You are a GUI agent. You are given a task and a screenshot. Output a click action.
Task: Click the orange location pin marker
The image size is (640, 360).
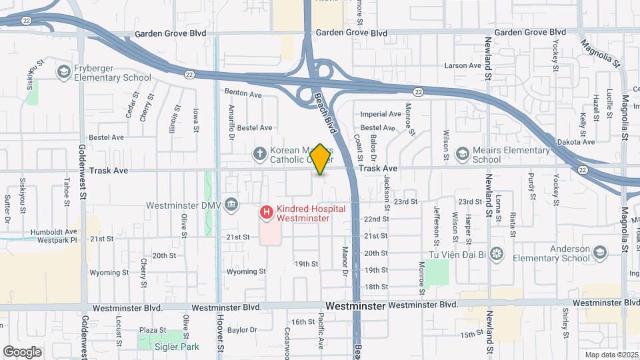pos(321,159)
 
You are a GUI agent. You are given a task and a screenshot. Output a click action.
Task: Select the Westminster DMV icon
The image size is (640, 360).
pos(231,203)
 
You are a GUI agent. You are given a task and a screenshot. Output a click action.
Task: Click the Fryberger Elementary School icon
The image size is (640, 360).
pos(64,72)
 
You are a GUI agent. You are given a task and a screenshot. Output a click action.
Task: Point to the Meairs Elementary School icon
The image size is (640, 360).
pos(462,155)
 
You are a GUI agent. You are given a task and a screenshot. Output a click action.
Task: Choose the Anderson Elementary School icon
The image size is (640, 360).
pos(600,253)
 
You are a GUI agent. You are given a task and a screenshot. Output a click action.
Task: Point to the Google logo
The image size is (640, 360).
pos(22,351)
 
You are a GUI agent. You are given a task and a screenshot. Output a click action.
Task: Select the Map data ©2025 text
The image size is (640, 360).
pos(611,355)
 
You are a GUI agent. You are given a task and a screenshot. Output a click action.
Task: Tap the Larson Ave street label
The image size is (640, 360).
pos(463,66)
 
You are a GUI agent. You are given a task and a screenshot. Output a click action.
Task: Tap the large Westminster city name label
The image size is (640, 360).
pos(355,306)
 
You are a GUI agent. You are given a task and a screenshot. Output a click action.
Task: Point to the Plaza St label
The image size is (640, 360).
pos(152,330)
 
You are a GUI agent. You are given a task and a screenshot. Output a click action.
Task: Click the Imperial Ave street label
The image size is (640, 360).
pos(381,114)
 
